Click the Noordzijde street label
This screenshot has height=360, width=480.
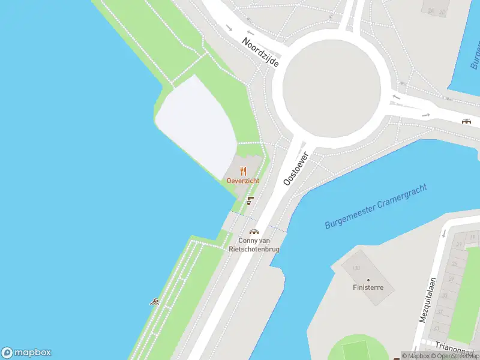pos(260,52)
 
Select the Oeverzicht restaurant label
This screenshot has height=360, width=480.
pos(243,181)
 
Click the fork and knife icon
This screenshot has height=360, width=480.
pos(243,171)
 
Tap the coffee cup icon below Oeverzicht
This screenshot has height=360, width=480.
pos(250,201)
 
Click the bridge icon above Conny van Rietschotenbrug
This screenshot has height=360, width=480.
pos(254,232)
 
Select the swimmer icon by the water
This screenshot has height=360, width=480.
pos(154,301)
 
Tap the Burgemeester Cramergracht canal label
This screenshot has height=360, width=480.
pos(376,206)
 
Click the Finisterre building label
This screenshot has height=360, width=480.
pos(368,287)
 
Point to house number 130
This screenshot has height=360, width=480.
pos(356,268)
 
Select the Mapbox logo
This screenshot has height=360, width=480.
pos(26,353)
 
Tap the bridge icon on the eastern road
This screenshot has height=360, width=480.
pos(466,121)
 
